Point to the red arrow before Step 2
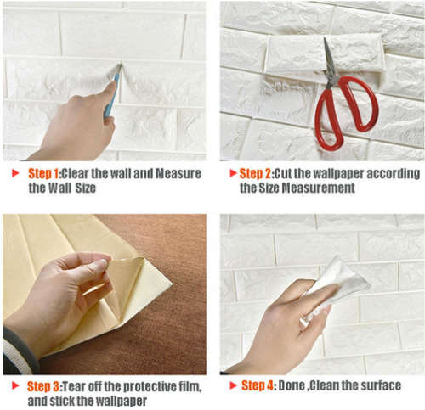[230, 173]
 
